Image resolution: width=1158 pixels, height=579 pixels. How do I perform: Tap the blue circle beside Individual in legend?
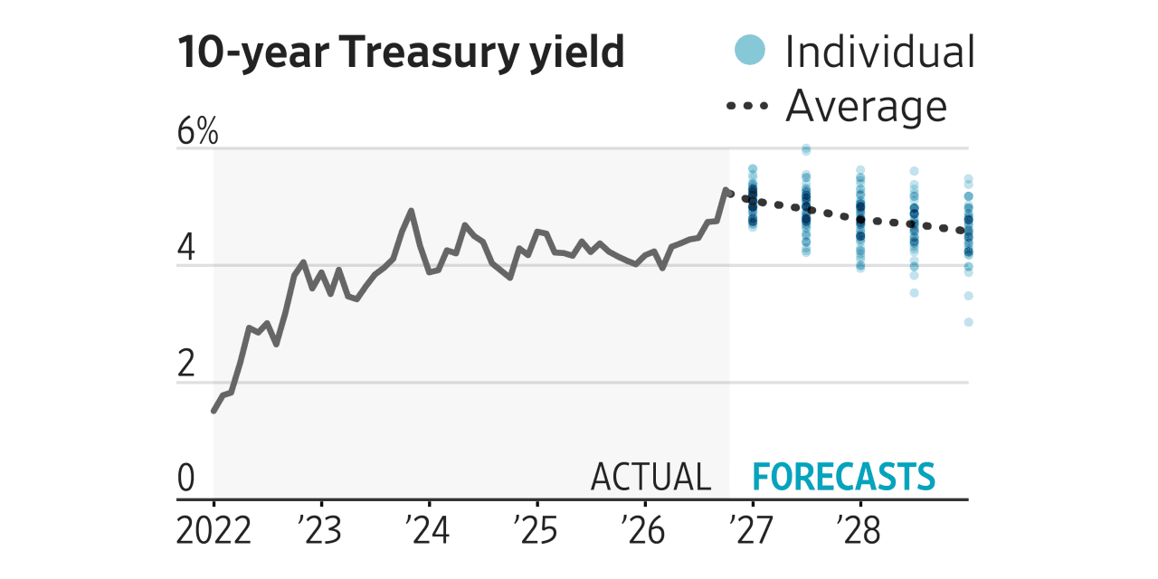tap(750, 50)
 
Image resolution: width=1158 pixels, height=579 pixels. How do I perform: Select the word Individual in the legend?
tap(880, 52)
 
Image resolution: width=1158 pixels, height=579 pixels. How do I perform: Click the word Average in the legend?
tap(867, 107)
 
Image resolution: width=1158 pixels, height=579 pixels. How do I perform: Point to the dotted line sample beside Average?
tap(747, 106)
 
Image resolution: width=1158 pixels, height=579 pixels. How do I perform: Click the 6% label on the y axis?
tap(197, 131)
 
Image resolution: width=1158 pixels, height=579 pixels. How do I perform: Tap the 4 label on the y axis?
tap(186, 248)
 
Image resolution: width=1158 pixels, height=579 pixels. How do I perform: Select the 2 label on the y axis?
tap(186, 364)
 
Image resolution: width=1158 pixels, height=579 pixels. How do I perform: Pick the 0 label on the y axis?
tap(186, 478)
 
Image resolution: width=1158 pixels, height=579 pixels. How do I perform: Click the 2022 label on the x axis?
tap(214, 530)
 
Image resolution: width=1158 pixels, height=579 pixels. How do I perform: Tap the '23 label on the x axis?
tap(320, 530)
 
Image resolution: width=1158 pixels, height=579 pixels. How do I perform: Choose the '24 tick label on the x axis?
tap(428, 530)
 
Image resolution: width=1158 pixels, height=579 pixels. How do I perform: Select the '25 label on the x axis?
tap(536, 530)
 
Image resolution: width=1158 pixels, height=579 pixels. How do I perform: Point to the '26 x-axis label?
tap(643, 530)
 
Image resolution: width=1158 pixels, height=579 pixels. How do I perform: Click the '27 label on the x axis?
tap(751, 530)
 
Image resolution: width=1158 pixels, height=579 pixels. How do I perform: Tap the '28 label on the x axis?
tap(859, 530)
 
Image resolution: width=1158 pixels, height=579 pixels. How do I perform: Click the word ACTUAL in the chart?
tap(651, 477)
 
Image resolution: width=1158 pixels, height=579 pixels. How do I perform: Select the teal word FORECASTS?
tap(844, 477)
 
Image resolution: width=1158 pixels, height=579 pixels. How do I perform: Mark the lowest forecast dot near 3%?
tap(968, 322)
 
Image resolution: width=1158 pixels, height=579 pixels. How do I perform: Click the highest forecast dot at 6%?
tap(806, 150)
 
